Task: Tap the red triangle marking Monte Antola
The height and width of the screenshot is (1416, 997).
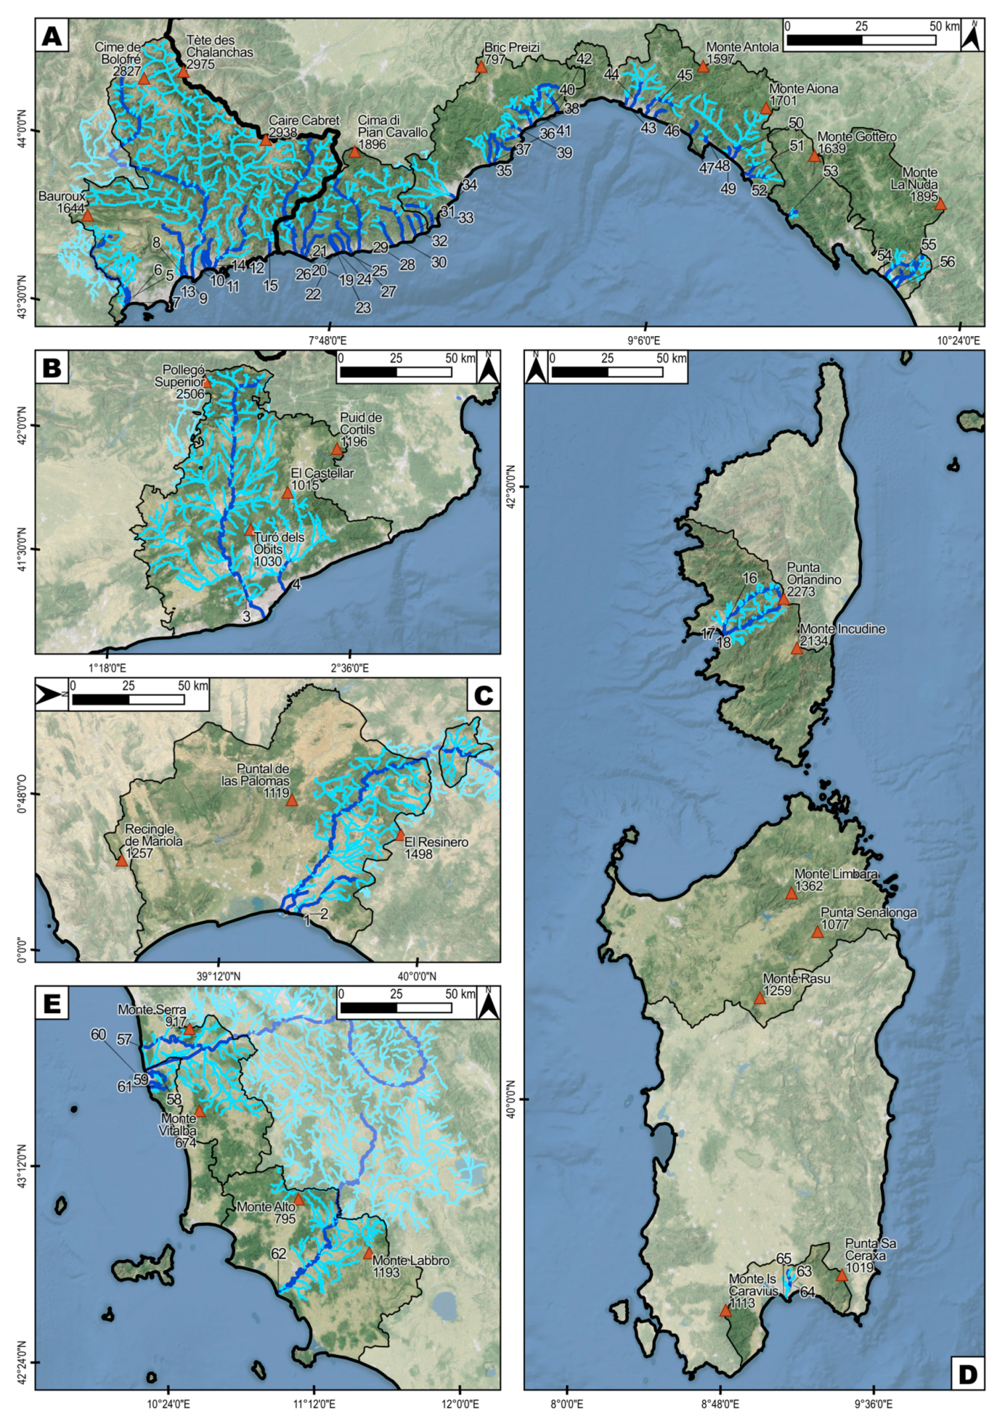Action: click(703, 67)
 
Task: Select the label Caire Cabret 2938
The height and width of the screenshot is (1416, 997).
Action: click(303, 126)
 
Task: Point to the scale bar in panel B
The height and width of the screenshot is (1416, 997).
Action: click(396, 372)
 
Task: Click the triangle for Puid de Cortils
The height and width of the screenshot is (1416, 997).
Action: click(336, 450)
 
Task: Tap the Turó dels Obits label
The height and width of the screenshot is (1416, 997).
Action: click(278, 549)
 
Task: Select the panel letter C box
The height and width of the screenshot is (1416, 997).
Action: click(483, 695)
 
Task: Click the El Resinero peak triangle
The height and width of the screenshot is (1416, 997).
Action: click(400, 835)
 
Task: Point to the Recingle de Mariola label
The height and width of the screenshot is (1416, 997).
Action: click(154, 841)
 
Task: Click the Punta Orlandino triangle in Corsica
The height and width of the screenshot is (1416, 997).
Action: click(784, 599)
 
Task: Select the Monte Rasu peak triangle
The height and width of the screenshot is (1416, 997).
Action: click(760, 998)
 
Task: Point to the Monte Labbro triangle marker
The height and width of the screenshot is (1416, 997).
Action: click(368, 1254)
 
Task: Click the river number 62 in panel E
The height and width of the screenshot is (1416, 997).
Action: click(278, 1253)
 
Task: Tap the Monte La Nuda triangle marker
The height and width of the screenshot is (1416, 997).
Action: click(940, 205)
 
